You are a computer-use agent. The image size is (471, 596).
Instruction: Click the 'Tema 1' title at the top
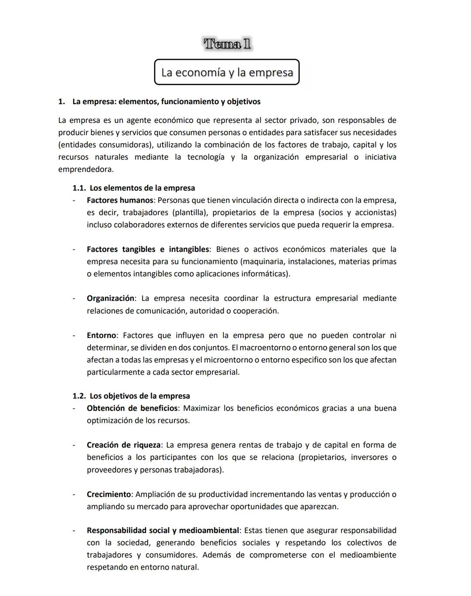(x=227, y=44)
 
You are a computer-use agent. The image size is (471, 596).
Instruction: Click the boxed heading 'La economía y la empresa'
(x=227, y=72)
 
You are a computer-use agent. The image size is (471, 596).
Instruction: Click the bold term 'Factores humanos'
(x=120, y=200)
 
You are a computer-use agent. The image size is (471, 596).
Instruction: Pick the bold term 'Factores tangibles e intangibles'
(x=148, y=249)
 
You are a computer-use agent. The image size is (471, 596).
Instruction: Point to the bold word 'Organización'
(x=110, y=298)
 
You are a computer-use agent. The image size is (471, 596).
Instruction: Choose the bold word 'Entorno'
(x=101, y=335)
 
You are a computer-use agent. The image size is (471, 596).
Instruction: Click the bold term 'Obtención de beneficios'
(x=132, y=408)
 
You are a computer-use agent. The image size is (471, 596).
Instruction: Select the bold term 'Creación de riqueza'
(x=123, y=445)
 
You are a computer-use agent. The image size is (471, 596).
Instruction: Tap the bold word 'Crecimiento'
(x=109, y=494)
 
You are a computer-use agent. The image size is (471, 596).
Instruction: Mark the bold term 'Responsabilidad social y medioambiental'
(x=163, y=531)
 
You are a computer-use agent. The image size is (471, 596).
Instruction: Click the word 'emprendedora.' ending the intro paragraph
(x=86, y=169)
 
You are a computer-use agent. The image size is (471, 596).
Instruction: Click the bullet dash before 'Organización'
(x=74, y=299)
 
